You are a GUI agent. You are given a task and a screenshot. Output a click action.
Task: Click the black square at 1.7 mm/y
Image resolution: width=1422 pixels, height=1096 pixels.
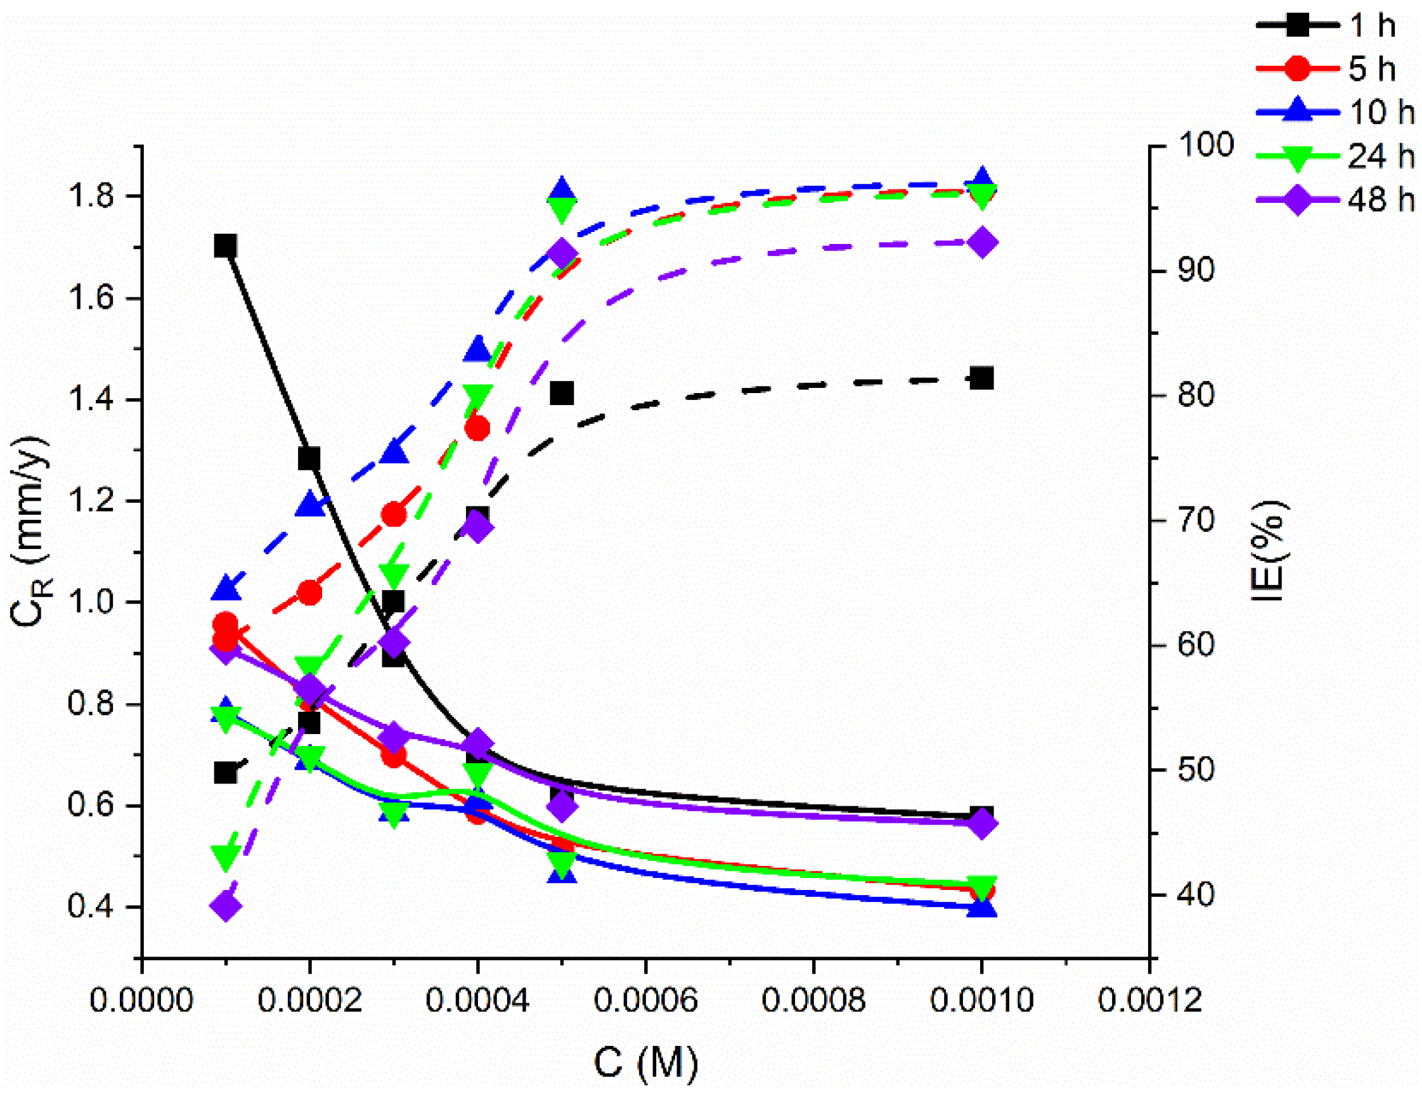pos(225,246)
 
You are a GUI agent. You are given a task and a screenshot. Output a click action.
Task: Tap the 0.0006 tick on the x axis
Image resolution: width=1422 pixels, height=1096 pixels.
pos(645,1000)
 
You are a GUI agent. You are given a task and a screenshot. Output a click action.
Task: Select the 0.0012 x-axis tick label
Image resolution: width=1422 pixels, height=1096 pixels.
pos(1149,1000)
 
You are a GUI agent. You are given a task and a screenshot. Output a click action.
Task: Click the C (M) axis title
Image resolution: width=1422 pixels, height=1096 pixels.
pos(645,1063)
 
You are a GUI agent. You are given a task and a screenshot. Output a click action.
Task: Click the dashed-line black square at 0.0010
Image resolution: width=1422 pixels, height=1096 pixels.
pos(981,378)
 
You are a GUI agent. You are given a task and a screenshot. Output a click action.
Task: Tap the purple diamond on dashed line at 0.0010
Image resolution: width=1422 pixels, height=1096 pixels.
pos(982,243)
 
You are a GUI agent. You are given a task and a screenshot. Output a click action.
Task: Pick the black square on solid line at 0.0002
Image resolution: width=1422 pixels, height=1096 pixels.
pos(309,458)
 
